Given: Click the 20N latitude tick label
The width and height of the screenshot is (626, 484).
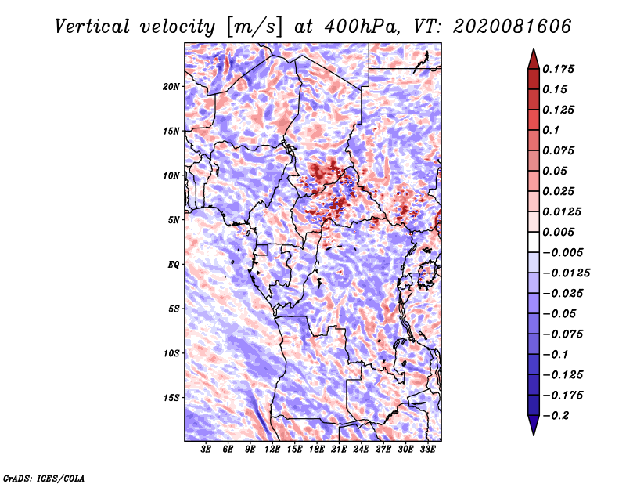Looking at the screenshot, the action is click(x=171, y=87).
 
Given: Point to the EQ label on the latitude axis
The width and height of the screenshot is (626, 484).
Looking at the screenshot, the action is click(x=174, y=265).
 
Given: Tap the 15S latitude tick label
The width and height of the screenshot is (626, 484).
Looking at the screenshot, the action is click(x=171, y=398).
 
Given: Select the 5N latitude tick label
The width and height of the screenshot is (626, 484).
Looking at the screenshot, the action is click(x=174, y=220).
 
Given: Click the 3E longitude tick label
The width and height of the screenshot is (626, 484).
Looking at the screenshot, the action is click(x=206, y=450).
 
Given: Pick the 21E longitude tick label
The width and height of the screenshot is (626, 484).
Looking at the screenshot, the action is click(x=339, y=450).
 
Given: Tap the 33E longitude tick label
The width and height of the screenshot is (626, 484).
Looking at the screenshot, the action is click(x=427, y=450).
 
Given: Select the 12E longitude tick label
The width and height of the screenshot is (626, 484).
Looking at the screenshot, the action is click(x=272, y=450).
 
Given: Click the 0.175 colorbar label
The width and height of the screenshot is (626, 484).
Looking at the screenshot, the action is click(x=558, y=69).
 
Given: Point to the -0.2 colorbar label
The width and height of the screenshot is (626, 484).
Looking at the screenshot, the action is click(x=556, y=416).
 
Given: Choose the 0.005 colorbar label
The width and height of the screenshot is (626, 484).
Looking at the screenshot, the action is click(x=558, y=232).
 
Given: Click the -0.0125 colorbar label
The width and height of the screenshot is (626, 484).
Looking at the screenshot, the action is click(x=566, y=273).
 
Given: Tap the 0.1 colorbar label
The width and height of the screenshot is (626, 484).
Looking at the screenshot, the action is click(x=551, y=130).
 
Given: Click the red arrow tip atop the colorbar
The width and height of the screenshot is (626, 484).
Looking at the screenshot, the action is click(x=534, y=49).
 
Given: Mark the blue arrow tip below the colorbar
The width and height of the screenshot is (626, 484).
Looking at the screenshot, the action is click(x=534, y=435).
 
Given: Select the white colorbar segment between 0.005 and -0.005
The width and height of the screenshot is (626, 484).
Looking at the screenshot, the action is click(x=534, y=242).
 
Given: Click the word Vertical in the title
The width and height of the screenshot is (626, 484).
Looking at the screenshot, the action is click(x=92, y=27).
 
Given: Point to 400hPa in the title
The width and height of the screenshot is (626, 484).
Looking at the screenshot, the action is click(x=362, y=27).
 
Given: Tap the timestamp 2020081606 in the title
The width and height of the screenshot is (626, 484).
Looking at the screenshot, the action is click(x=513, y=27).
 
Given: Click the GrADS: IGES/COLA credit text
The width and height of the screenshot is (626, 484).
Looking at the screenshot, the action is click(x=44, y=479).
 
